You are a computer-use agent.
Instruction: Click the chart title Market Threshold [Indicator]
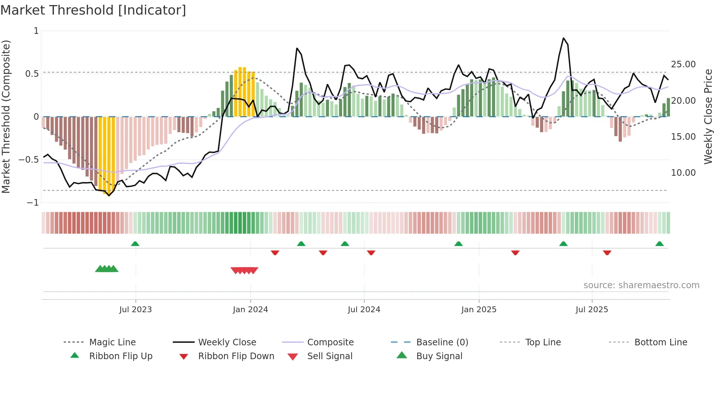(x=93, y=10)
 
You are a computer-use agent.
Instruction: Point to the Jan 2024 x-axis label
(x=250, y=310)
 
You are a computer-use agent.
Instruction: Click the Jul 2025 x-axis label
(x=592, y=310)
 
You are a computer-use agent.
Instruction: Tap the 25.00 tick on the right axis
(x=683, y=64)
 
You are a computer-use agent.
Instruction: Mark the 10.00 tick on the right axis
(x=683, y=173)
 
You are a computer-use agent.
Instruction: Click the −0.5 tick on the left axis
(x=29, y=160)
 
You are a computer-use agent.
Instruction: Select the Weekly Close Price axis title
(x=708, y=116)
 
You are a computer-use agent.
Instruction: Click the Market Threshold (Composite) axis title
(x=6, y=116)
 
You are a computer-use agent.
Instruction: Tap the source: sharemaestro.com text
(x=641, y=285)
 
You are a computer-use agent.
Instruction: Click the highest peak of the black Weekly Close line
(x=563, y=38)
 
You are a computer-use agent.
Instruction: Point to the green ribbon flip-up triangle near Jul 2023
(x=135, y=244)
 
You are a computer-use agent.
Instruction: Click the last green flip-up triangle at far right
(x=659, y=244)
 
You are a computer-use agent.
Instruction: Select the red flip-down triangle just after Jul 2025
(x=607, y=253)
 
